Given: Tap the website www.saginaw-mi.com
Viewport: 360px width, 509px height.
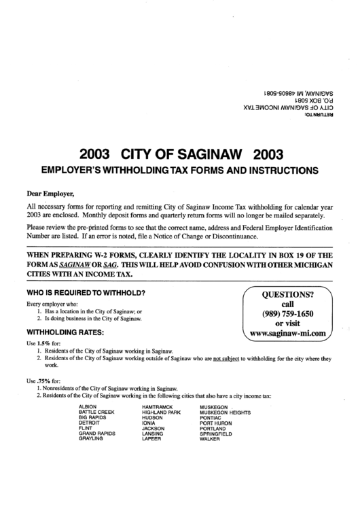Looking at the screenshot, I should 289,334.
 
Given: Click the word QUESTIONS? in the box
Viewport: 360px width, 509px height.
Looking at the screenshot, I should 288,295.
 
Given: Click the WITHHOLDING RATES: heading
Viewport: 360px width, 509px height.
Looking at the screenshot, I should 65,332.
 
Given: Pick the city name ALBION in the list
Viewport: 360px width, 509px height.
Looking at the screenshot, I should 88,406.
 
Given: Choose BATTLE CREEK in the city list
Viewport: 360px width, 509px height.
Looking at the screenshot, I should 96,412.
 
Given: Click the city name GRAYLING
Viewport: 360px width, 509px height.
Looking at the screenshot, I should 91,440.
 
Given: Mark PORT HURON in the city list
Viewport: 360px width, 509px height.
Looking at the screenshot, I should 217,423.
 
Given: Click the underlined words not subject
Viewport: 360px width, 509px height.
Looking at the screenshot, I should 228,357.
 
